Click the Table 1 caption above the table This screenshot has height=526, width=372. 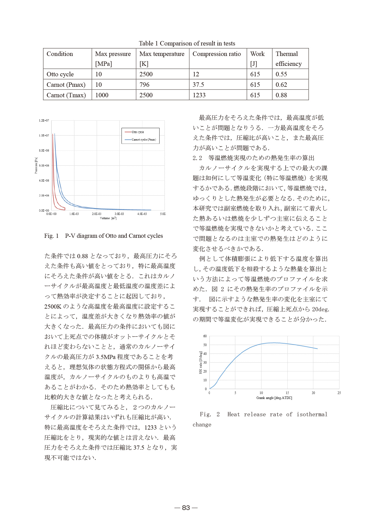(x=187, y=43)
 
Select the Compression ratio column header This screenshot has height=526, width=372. (x=217, y=54)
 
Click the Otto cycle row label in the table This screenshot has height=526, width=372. (x=60, y=74)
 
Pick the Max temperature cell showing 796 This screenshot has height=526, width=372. (x=144, y=85)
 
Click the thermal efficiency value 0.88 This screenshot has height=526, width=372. (x=281, y=95)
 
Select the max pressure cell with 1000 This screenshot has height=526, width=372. (x=102, y=95)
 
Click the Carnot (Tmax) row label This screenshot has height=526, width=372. (x=66, y=95)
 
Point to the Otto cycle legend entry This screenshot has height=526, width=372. (x=138, y=132)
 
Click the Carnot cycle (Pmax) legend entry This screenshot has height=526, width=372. (x=143, y=139)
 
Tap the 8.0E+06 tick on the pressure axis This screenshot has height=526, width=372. (x=44, y=150)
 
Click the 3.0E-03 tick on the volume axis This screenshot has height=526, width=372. (x=119, y=214)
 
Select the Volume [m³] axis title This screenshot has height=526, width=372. (x=108, y=218)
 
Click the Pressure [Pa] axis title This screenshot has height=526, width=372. (x=36, y=166)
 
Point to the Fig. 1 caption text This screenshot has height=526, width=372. (x=104, y=236)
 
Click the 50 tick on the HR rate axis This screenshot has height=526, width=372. (x=205, y=345)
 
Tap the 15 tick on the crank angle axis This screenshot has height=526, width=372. (x=287, y=393)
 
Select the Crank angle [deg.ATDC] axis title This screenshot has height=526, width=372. (x=274, y=398)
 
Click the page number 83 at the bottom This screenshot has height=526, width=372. (x=186, y=508)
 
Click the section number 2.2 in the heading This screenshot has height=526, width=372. (x=197, y=158)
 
